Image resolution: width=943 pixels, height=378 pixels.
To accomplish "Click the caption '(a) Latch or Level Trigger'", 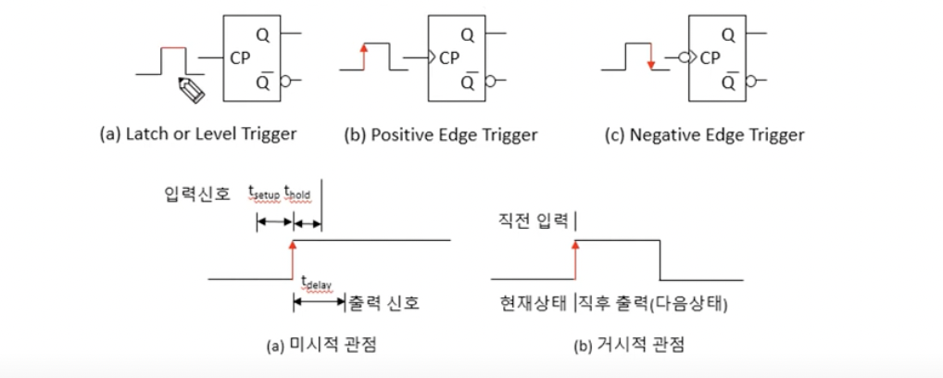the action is pos(197,133).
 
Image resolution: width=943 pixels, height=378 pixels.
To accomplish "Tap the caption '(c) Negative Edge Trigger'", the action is pos(703,134).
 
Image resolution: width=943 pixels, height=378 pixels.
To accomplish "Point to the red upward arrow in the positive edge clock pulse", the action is pos(364,54).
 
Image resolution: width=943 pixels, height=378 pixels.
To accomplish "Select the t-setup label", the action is pos(264,192).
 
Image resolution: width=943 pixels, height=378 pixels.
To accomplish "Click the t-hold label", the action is pos(302,192).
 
